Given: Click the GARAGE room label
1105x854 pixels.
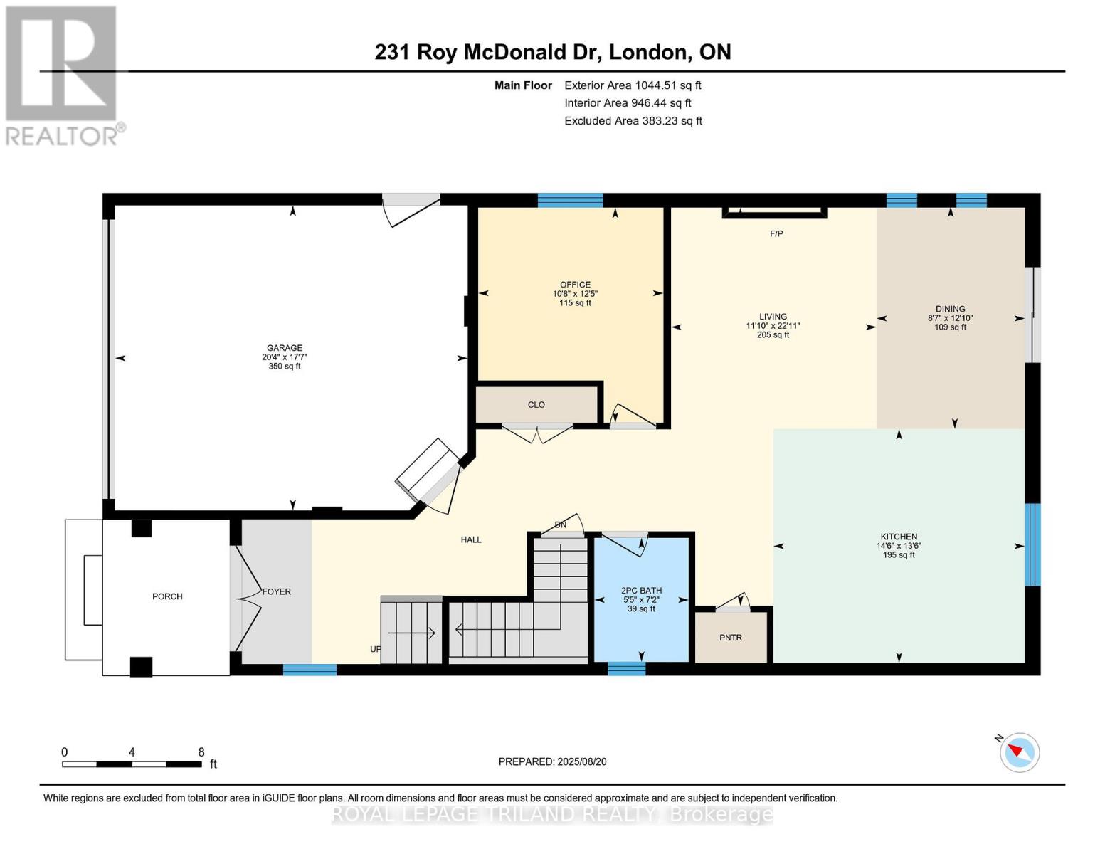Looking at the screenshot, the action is pos(285,348).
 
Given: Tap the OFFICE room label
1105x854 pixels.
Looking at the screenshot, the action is pos(575,285).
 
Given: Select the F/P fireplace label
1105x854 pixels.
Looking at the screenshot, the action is pos(776,233).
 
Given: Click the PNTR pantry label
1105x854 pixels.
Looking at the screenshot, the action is pos(731,638).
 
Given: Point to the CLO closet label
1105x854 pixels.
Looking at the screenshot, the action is pos(536,405).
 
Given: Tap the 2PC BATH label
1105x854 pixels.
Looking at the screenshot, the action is pos(641,591).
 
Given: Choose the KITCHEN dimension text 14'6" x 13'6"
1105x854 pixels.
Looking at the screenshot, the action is pos(899,546).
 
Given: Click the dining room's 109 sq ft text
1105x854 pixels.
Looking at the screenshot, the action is pos(950,327).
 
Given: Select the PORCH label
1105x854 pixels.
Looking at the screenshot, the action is pos(167,596).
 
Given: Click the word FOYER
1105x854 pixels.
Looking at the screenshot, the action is pos(277,591).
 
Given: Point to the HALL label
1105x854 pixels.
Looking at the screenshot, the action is pos(471,539).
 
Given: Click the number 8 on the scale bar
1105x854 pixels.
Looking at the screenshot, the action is pos(201,752).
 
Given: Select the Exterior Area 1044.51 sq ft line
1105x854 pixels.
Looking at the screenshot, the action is pos(633,85).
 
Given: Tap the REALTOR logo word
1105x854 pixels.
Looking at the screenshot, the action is pos(61,137).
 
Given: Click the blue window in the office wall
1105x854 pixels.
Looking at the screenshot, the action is pos(570,201).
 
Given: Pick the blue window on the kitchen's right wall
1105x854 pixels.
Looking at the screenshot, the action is pos(1032,544).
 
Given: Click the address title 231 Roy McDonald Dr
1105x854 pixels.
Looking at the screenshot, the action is pos(488,53).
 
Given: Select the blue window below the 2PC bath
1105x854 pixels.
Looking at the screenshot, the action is pos(626,668).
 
